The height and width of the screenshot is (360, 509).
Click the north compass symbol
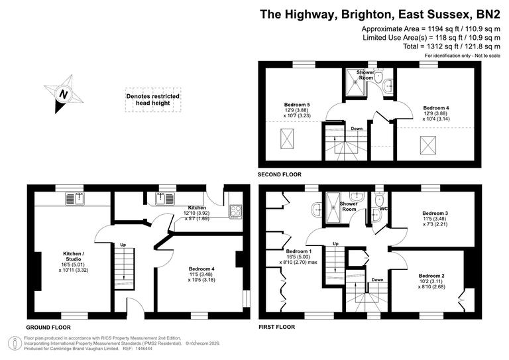[64, 94]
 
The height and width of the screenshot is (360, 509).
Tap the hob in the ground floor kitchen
[236, 211]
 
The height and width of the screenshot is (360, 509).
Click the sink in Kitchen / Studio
[74, 198]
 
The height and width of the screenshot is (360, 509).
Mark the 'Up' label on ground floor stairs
[123, 245]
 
